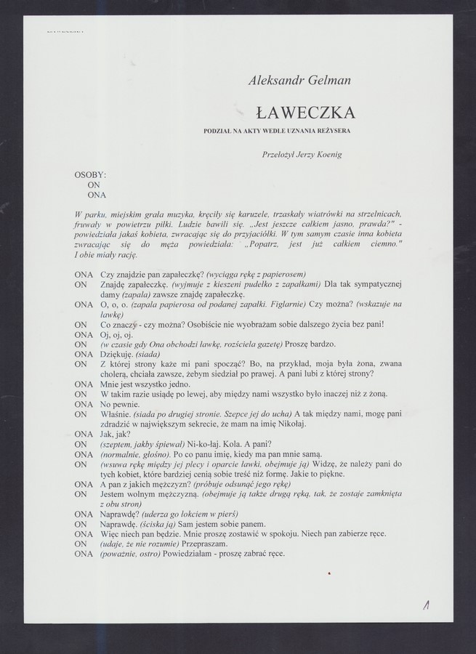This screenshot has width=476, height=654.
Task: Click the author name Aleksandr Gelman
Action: click(x=299, y=81)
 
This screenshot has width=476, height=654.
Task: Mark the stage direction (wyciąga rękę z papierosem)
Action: click(x=252, y=274)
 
